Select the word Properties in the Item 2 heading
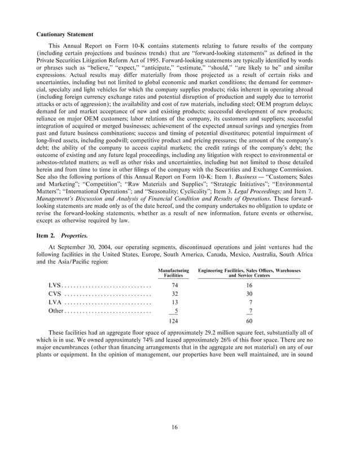pos(73,243)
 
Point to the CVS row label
pos(55,294)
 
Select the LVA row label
pos(55,303)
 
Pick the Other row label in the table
pos(56,310)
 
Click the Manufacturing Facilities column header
pos(174,273)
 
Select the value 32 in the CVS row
pos(174,294)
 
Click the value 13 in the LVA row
pos(174,303)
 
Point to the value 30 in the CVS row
pos(249,294)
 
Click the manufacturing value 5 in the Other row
pos(177,310)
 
